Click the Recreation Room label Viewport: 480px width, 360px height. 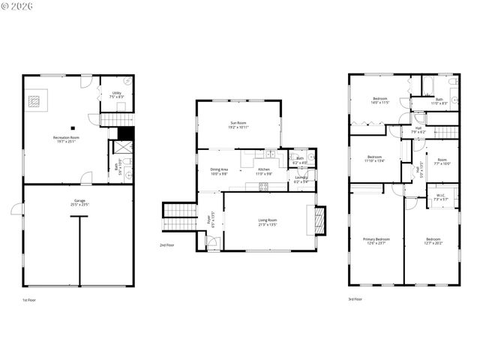tap(66, 137)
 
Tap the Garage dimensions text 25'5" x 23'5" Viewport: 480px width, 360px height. tap(78, 205)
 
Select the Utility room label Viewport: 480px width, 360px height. tap(116, 93)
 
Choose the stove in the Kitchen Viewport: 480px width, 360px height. tap(263, 186)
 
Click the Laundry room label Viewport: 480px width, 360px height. tap(300, 178)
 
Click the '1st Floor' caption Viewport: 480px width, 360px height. tap(28, 299)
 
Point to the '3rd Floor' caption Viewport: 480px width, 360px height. tap(355, 299)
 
